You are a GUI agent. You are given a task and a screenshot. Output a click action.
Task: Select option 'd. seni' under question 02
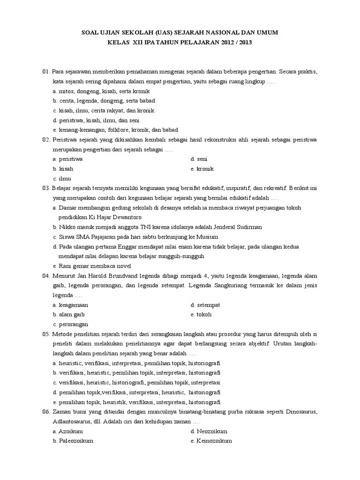(199, 159)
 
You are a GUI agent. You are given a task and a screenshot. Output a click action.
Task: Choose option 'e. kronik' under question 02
(202, 169)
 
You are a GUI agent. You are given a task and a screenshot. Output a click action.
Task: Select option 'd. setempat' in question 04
(205, 305)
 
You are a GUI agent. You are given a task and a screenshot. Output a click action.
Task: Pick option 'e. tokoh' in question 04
(201, 315)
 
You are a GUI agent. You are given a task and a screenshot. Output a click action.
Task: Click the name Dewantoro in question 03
(126, 217)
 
